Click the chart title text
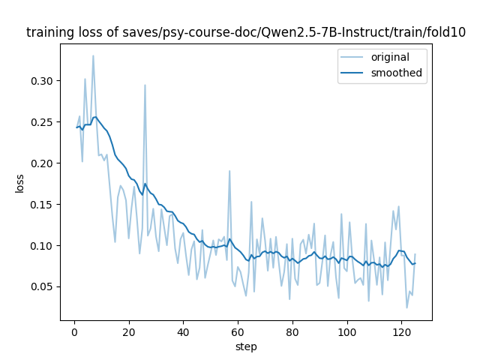[245, 33]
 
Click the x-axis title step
[246, 346]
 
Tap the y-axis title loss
[20, 183]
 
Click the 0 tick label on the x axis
[74, 331]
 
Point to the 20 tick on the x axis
[129, 331]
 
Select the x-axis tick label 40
[183, 331]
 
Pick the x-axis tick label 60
[238, 331]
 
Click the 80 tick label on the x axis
[292, 331]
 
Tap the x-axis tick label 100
[347, 331]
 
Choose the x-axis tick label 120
[402, 331]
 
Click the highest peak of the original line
[93, 55]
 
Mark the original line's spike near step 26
[145, 85]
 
